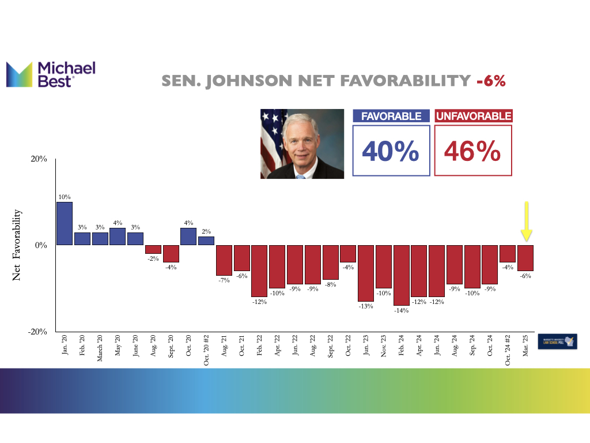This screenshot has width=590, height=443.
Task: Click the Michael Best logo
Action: click(50, 74)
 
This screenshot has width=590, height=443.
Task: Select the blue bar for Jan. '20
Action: click(65, 223)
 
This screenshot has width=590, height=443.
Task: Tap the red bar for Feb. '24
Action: click(401, 275)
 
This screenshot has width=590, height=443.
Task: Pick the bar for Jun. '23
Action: click(365, 273)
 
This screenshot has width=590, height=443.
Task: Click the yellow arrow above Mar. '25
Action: click(526, 221)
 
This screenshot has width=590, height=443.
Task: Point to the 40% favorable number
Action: click(391, 151)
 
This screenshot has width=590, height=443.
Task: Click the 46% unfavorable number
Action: click(472, 151)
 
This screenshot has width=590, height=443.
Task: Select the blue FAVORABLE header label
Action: click(391, 117)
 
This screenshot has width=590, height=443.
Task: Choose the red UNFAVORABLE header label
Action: click(473, 117)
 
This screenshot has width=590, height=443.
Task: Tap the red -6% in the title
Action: click(491, 81)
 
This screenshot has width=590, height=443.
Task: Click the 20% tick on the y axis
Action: click(38, 159)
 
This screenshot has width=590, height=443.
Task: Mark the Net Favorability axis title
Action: click(17, 245)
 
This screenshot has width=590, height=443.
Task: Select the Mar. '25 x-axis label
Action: click(525, 347)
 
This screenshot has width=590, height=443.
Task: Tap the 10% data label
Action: click(65, 197)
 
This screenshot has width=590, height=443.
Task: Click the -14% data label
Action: click(401, 310)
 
